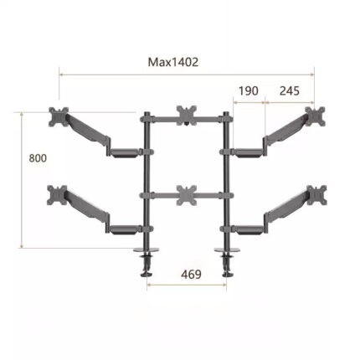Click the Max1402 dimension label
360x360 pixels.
point(173,62)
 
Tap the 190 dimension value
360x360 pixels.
point(248,91)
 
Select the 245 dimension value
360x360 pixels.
point(290,91)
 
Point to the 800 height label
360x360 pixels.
point(38,158)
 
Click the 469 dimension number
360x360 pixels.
point(191,275)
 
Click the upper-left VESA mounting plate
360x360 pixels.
point(59,116)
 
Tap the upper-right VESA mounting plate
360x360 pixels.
point(315,116)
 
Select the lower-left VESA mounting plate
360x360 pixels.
point(57,195)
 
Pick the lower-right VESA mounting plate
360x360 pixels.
point(316,195)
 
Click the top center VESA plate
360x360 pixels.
point(187,116)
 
